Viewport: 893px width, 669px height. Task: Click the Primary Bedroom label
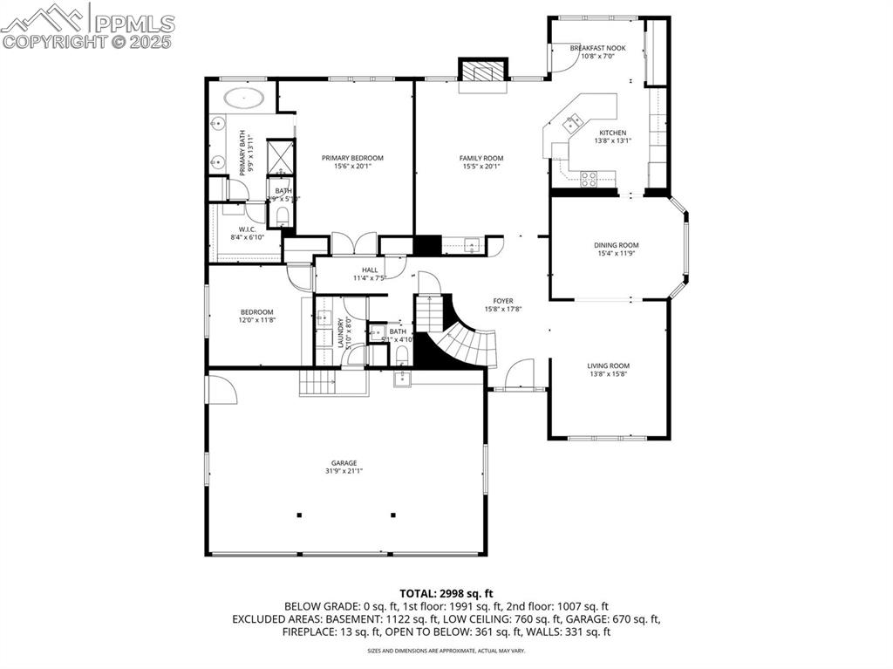[x=352, y=158]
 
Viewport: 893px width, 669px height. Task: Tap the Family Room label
[x=481, y=158]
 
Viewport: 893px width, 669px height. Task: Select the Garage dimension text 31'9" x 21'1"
[x=344, y=471]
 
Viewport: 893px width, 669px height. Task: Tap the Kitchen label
[x=612, y=133]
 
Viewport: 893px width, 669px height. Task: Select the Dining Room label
[x=617, y=245]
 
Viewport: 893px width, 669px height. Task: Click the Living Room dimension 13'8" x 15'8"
[x=608, y=374]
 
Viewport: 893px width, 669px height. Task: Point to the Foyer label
[x=503, y=301]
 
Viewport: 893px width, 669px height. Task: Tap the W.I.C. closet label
[x=247, y=229]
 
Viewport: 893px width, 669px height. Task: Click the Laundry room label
[x=340, y=333]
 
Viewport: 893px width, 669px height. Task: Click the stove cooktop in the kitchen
[x=589, y=178]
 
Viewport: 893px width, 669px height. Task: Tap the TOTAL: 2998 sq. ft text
[x=446, y=593]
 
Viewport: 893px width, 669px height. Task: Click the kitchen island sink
[x=573, y=121]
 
